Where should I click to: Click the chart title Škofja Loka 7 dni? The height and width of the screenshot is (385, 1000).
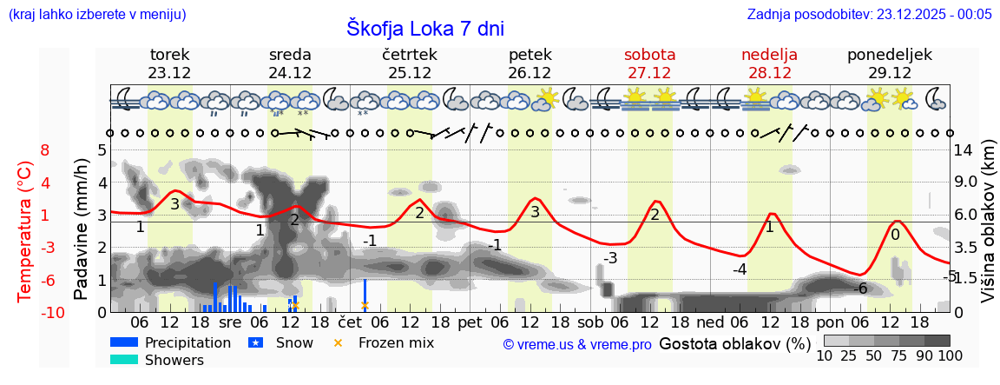(x=424, y=29)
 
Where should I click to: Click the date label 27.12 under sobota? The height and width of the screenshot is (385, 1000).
(x=649, y=73)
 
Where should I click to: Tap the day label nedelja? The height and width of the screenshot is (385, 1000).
(x=769, y=55)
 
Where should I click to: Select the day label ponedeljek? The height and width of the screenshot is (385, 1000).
(x=889, y=55)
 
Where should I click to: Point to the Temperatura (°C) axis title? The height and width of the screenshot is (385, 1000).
(x=25, y=231)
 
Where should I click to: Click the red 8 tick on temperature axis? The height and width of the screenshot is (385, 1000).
(x=45, y=150)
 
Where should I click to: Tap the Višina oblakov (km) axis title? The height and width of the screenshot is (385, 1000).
(x=988, y=231)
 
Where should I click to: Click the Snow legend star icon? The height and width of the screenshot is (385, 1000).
(x=255, y=342)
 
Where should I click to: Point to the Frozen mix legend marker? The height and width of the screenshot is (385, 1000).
(x=339, y=342)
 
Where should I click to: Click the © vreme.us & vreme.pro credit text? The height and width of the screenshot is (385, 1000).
(x=576, y=344)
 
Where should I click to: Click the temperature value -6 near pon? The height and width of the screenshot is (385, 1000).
(x=860, y=289)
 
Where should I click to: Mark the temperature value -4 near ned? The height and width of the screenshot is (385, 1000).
(x=739, y=269)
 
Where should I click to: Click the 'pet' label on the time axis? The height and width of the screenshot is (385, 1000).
(x=470, y=322)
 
